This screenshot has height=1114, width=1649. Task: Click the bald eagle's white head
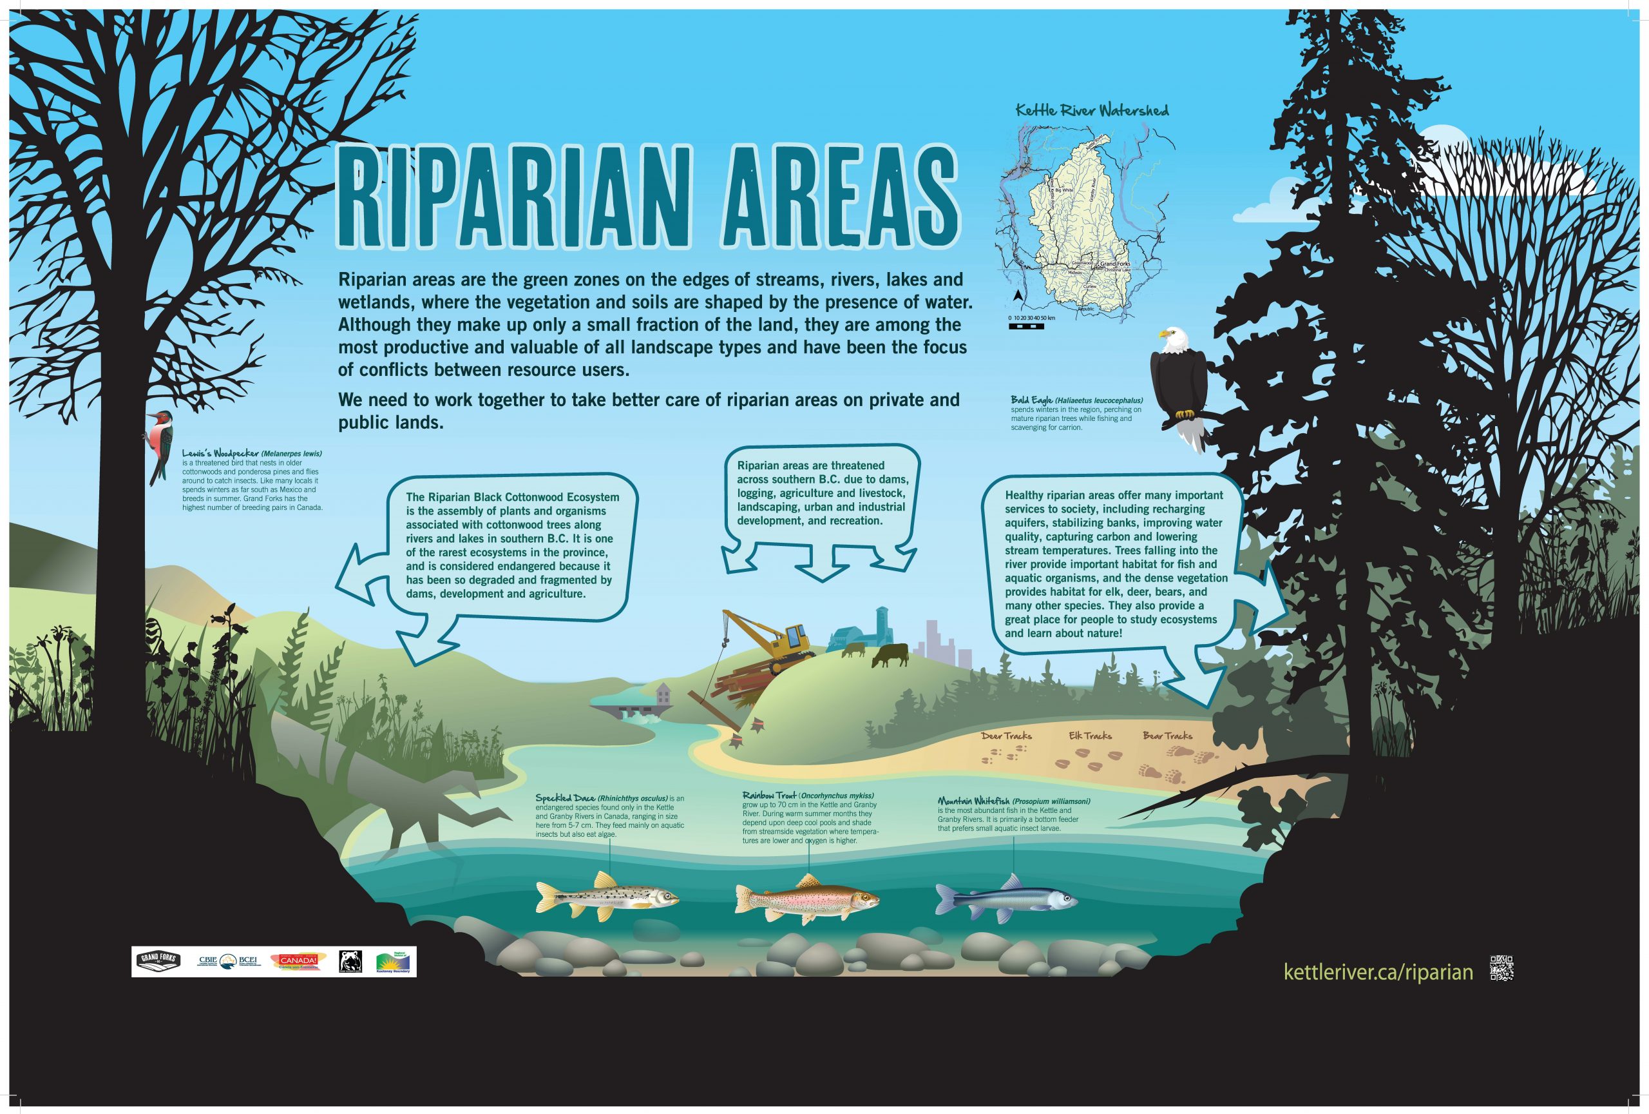[x=1172, y=341]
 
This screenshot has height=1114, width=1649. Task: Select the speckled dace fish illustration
[x=607, y=899]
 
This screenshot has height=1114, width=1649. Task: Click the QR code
[x=1501, y=968]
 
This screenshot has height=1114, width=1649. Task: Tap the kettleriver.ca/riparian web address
[x=1378, y=972]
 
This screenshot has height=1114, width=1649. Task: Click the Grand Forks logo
[x=158, y=961]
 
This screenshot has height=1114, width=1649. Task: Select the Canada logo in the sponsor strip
[x=298, y=961]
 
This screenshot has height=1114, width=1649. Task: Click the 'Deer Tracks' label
[x=1006, y=736]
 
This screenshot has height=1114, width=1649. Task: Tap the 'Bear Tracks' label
[x=1167, y=736]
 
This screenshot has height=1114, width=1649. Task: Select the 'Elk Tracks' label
[x=1090, y=736]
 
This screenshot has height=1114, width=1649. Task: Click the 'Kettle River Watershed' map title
[x=1091, y=111]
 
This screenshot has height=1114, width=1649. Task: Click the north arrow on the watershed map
[x=1017, y=295]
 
